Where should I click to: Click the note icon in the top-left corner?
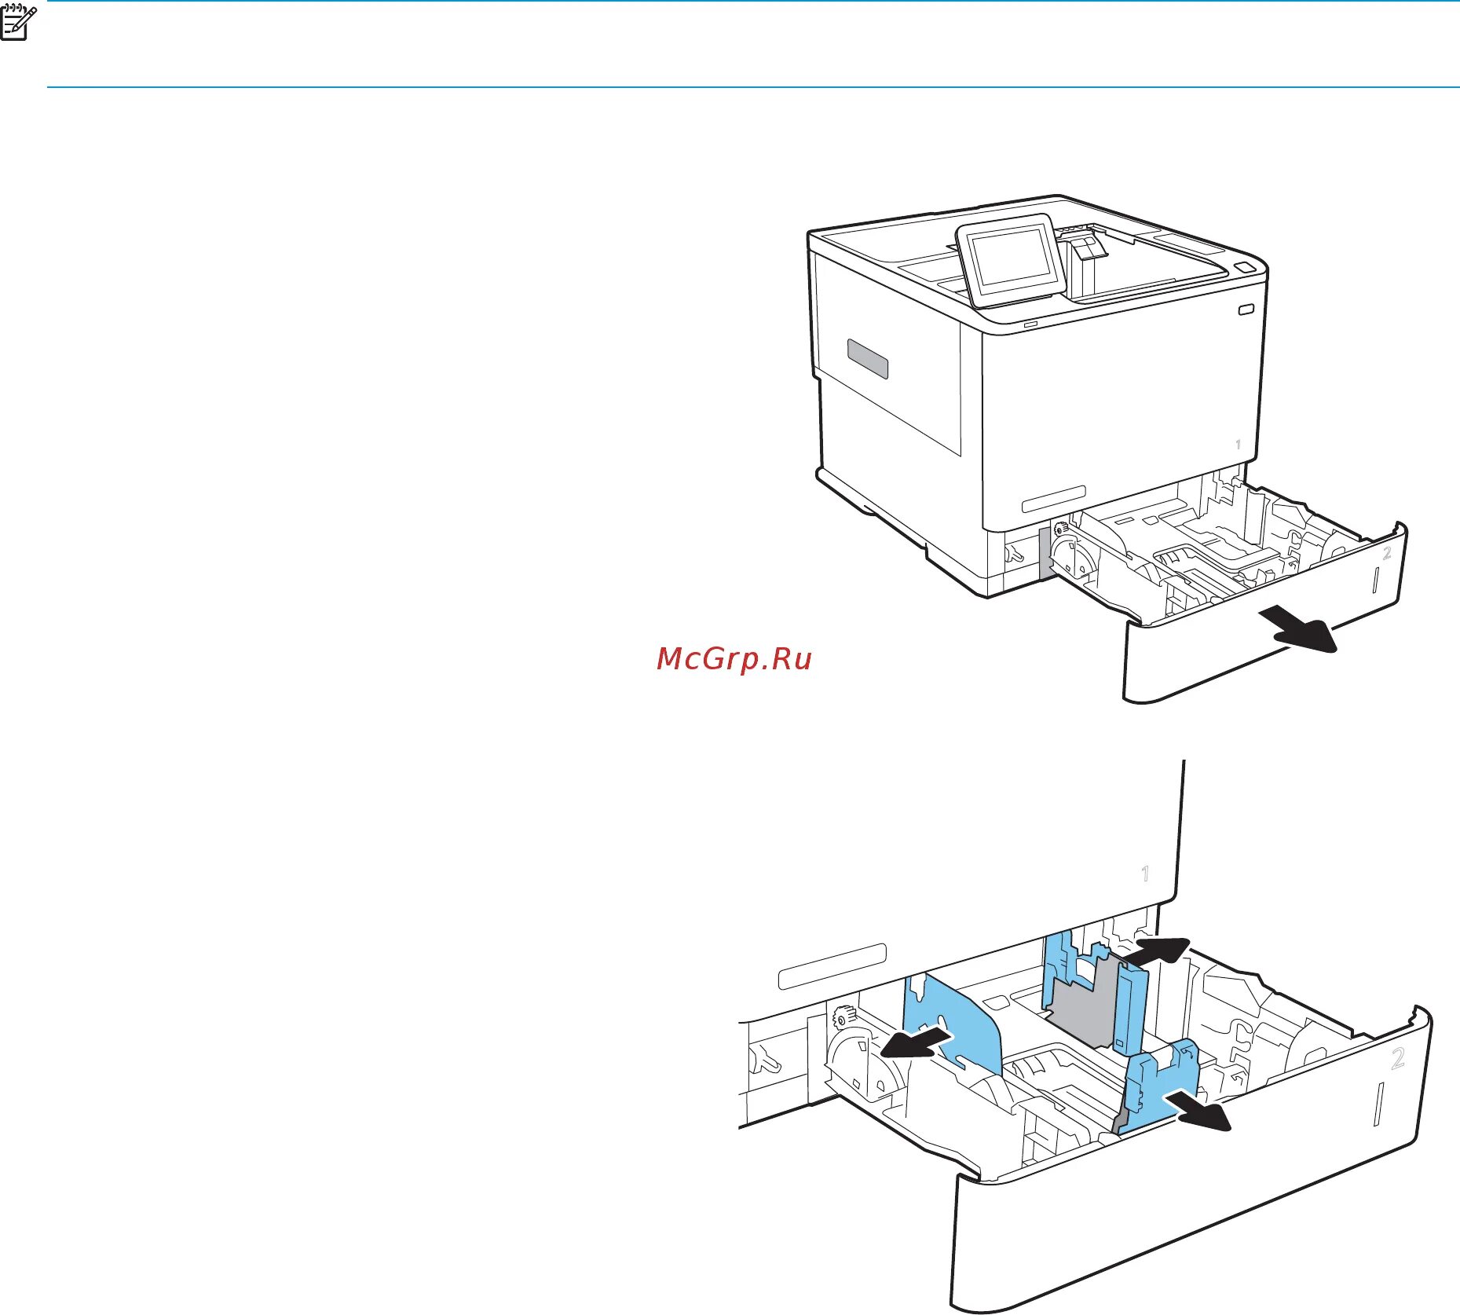coord(18,21)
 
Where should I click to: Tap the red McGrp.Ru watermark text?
coord(734,658)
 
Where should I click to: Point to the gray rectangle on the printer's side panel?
coord(868,359)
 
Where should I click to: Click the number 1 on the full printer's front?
coord(1239,445)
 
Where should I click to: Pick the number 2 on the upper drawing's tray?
coord(1387,553)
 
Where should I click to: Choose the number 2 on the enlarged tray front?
coord(1398,1059)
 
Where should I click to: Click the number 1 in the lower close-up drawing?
coord(1145,873)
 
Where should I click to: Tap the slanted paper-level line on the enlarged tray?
coord(1379,1104)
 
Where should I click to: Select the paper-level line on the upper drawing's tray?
coord(1375,580)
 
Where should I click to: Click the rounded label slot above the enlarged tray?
coord(832,966)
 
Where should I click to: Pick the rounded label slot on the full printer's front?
coord(1053,499)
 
